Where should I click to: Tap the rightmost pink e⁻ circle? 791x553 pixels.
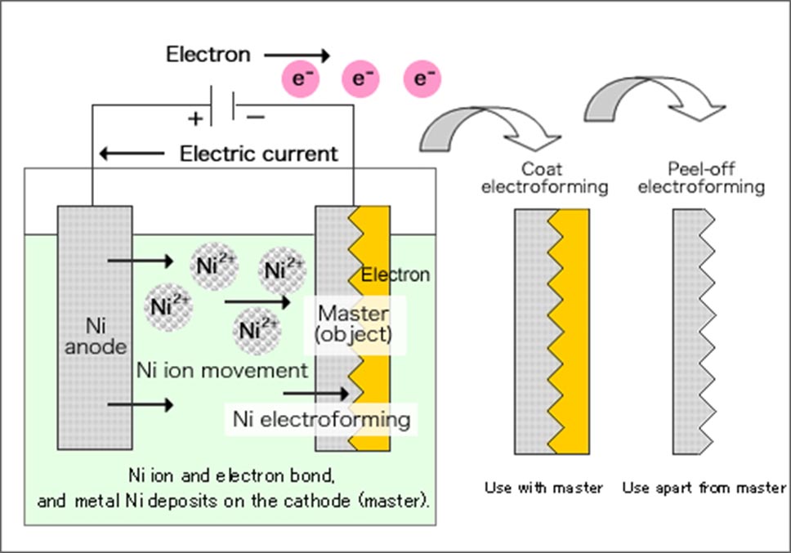pos(422,79)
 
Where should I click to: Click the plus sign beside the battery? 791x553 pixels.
pos(195,118)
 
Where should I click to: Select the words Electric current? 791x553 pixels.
pos(258,153)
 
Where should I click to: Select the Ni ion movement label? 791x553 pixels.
pos(221,370)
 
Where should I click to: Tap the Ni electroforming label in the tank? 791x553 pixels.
pos(321,419)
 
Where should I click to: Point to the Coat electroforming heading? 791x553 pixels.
pos(544,179)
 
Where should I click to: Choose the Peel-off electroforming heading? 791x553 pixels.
pos(701,179)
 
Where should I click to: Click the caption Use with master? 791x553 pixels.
pos(543,488)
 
